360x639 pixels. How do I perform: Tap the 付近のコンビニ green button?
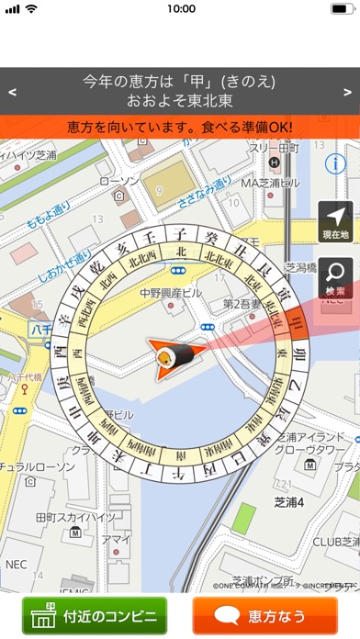95,615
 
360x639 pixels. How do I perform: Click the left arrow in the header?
12,92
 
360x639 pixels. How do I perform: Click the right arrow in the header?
347,92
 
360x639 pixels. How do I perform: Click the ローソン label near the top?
118,182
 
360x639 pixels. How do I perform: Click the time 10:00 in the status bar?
181,9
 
